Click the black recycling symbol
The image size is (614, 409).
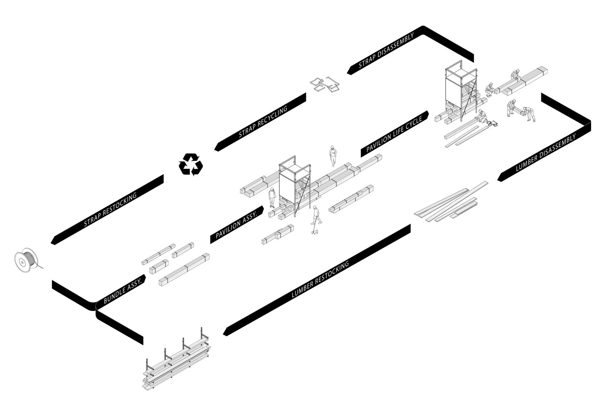click(x=191, y=165)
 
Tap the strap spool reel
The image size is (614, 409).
click(x=26, y=261)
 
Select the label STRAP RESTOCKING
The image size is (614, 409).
click(x=110, y=210)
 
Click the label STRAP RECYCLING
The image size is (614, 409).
click(x=263, y=122)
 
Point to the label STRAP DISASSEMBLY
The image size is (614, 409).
click(x=386, y=51)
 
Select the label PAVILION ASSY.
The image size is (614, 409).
click(x=237, y=225)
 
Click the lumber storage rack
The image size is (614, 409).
click(x=178, y=362)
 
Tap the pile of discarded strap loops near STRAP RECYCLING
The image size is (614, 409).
click(x=325, y=84)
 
